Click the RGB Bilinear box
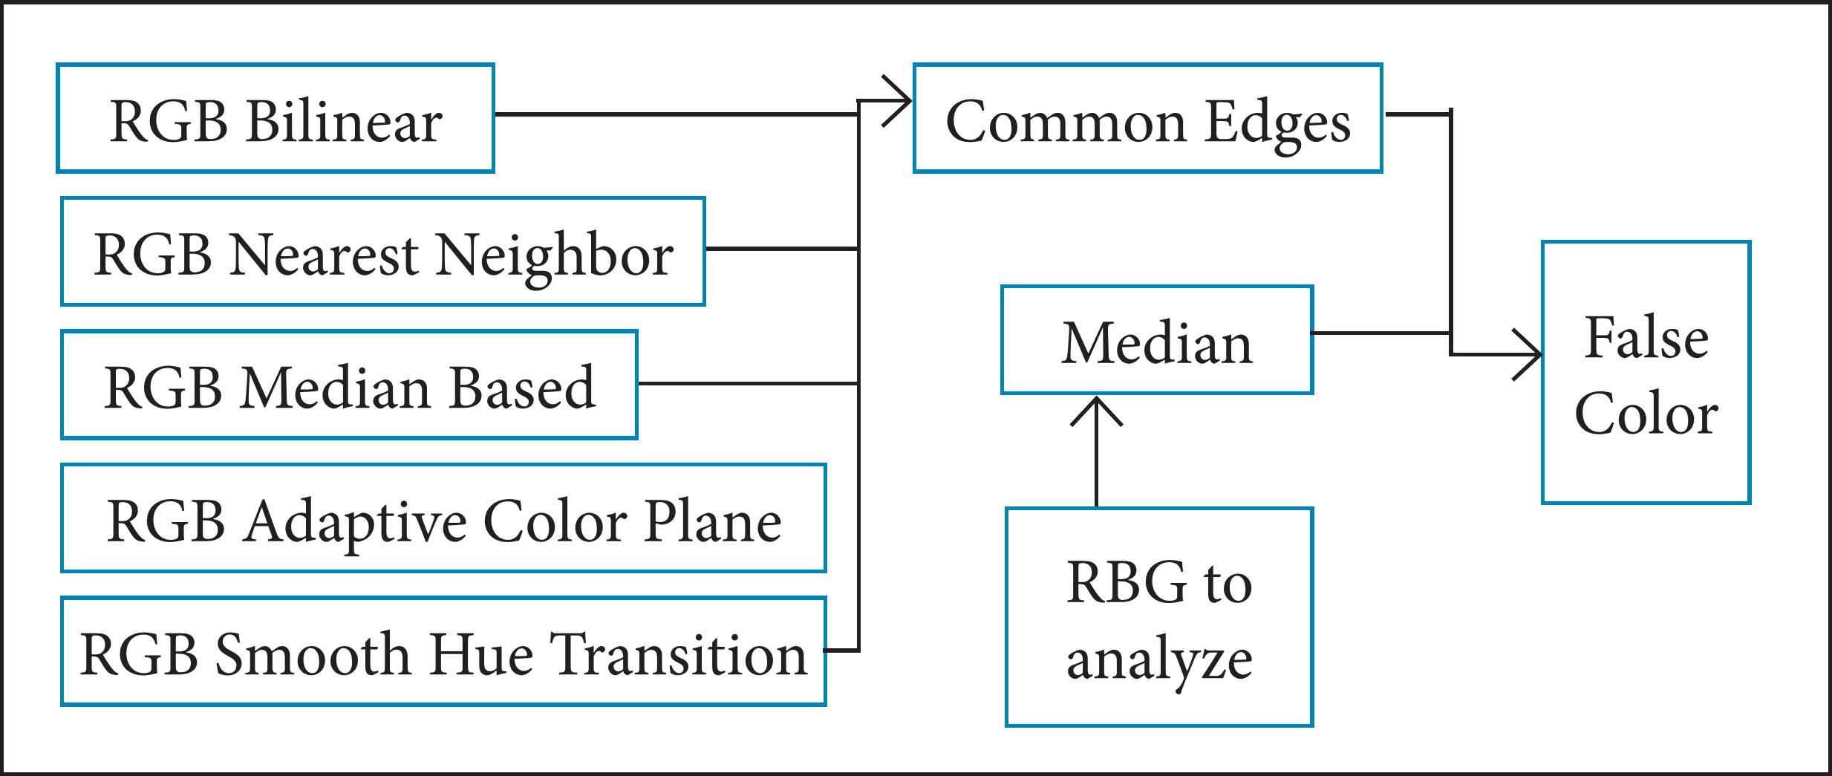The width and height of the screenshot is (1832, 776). point(275,119)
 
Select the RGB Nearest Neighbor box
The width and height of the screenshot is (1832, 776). point(382,252)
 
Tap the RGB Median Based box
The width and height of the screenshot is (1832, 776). point(349,385)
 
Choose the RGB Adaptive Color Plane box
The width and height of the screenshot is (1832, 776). point(443,518)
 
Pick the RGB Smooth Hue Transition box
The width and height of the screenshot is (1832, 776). point(443,651)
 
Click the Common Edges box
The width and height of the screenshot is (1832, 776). point(1147,119)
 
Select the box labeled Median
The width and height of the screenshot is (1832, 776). point(1157,340)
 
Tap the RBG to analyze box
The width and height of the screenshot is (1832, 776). point(1159,617)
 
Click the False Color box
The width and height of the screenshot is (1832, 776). point(1646,373)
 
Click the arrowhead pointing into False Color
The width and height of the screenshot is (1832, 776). point(1532,355)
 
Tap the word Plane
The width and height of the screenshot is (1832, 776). point(713,521)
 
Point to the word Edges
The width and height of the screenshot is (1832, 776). point(1277,123)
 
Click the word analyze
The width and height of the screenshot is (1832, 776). point(1159,660)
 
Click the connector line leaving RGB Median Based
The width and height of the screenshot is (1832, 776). point(746,383)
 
